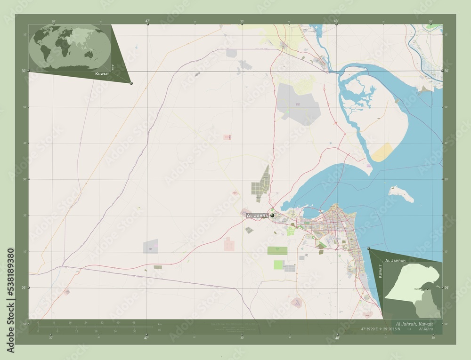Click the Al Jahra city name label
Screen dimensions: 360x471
pos(257,215)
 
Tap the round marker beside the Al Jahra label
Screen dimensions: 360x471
pos(272,215)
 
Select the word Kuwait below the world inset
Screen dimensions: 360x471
pos(103,75)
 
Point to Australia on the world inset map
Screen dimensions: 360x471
pos(88,54)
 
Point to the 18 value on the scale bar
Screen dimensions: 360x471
pos(96,331)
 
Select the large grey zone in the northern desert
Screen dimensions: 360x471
pos(299,104)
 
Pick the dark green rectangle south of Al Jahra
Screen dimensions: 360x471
pos(277,250)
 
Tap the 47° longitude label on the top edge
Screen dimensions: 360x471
pos(147,21)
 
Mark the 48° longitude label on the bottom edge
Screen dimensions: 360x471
pos(337,338)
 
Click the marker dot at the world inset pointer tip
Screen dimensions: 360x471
pos(131,83)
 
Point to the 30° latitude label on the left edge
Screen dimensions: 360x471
pos(24,71)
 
